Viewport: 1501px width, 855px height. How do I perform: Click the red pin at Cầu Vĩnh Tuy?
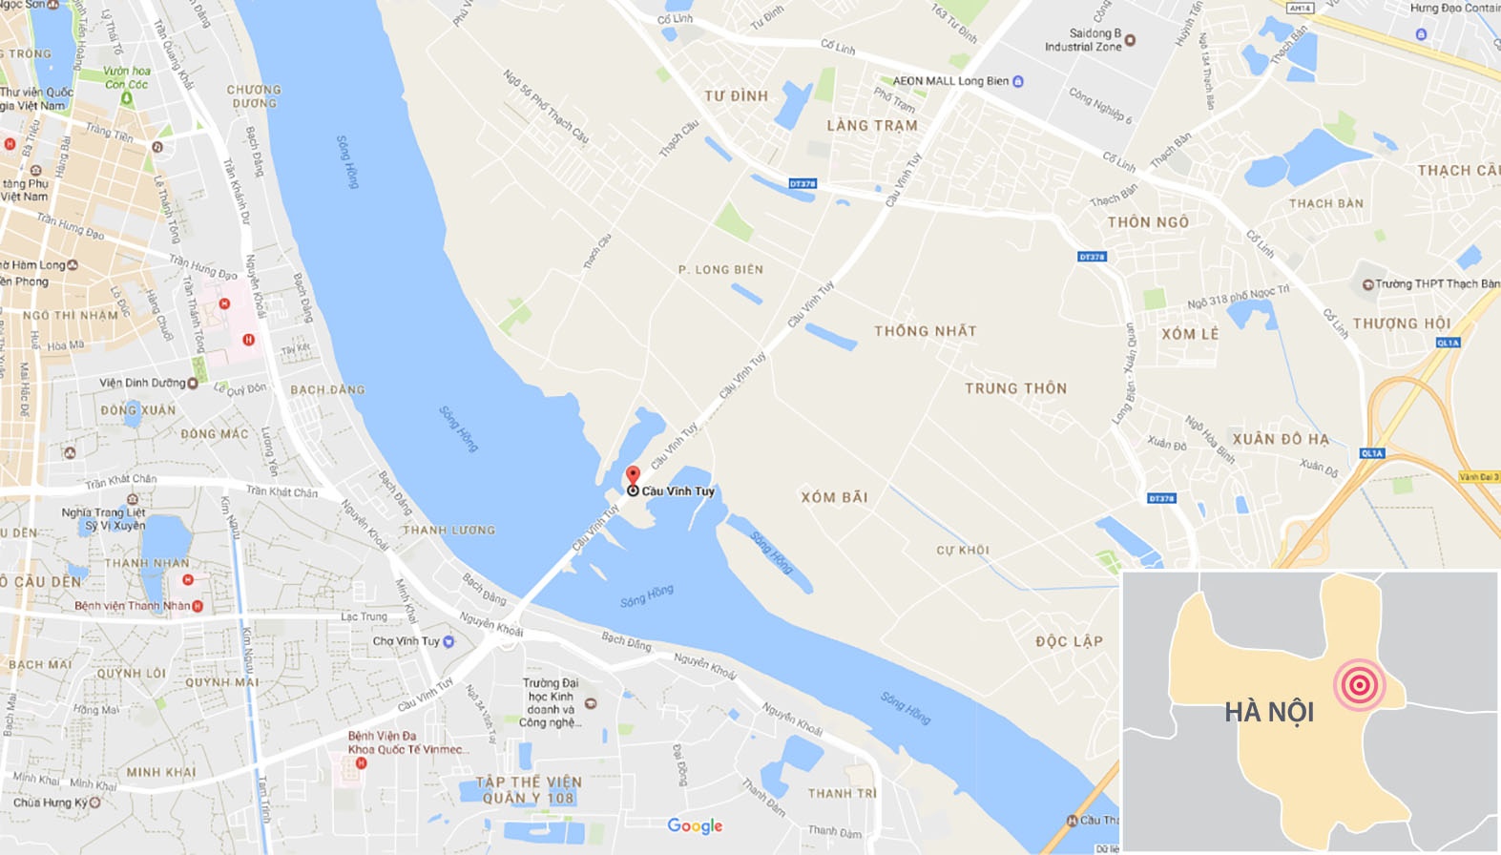[x=632, y=476]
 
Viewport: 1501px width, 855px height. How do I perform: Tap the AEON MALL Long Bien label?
[x=950, y=81]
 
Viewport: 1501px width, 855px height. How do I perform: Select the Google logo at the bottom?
[x=695, y=825]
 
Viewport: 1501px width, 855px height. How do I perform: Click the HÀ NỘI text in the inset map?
[x=1269, y=712]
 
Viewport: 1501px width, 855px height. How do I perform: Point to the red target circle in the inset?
[x=1359, y=684]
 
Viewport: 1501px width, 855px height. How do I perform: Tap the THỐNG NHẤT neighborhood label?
[x=926, y=331]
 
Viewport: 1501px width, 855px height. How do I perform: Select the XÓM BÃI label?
[x=834, y=497]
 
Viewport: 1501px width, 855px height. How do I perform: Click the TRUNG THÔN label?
[x=1015, y=388]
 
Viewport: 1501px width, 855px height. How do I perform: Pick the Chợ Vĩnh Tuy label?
[x=407, y=641]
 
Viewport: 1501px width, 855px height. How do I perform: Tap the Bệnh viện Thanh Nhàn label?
[x=133, y=606]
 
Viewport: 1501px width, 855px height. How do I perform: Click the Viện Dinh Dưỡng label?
[x=142, y=383]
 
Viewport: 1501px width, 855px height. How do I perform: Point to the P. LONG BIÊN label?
[x=720, y=270]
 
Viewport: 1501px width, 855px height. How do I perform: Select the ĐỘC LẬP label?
[x=1069, y=641]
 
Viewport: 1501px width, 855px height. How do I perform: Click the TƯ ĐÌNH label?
[x=736, y=96]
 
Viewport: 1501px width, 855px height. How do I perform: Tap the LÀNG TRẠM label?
[x=872, y=125]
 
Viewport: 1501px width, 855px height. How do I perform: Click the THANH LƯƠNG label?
[x=448, y=530]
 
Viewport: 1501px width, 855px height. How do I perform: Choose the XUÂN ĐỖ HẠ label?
[x=1281, y=439]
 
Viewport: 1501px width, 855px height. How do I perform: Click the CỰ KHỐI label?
[x=962, y=551]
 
